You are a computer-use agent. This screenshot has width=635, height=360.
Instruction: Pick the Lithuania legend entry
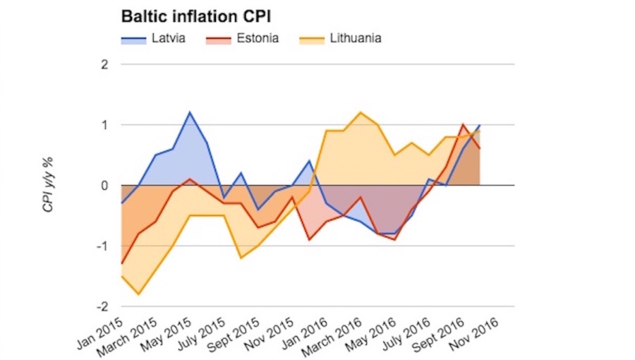point(356,38)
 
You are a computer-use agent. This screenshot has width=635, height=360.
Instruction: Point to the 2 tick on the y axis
point(104,64)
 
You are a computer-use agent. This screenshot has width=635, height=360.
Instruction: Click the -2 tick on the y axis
point(103,306)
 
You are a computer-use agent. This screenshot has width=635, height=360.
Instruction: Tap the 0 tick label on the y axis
point(104,186)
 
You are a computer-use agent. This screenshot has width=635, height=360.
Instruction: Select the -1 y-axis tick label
point(103,246)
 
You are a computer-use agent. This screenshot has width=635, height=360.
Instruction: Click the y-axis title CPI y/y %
point(49,186)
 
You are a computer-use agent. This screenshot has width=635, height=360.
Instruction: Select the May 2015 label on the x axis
point(167,334)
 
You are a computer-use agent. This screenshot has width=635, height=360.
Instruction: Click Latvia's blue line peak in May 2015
point(189,112)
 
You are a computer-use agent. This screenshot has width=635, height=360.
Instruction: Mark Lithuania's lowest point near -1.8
point(138,294)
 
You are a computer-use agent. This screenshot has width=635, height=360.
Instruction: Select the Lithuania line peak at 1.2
point(361,112)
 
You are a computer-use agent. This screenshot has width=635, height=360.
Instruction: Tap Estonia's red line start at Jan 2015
point(121,264)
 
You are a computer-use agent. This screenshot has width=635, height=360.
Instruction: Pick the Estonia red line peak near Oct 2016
point(463,125)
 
